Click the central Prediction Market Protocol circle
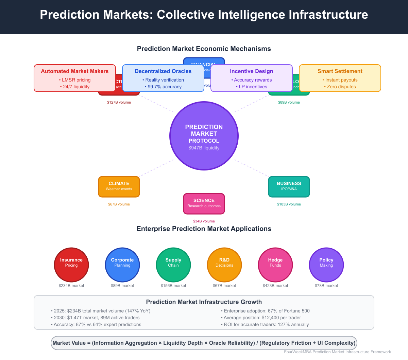click(x=204, y=136)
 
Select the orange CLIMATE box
click(x=119, y=186)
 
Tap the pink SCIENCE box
click(x=204, y=203)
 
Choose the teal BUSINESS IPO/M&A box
click(x=289, y=186)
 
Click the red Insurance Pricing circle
click(x=71, y=265)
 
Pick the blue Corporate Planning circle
click(x=122, y=265)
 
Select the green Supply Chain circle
click(x=173, y=265)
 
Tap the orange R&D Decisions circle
click(x=224, y=265)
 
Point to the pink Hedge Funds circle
click(x=275, y=265)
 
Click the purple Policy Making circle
click(x=326, y=265)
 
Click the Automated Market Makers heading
click(x=75, y=71)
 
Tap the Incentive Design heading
click(x=252, y=71)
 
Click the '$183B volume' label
click(x=289, y=204)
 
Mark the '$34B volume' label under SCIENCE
click(x=204, y=221)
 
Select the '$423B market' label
click(x=275, y=286)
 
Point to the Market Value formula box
click(x=204, y=343)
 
